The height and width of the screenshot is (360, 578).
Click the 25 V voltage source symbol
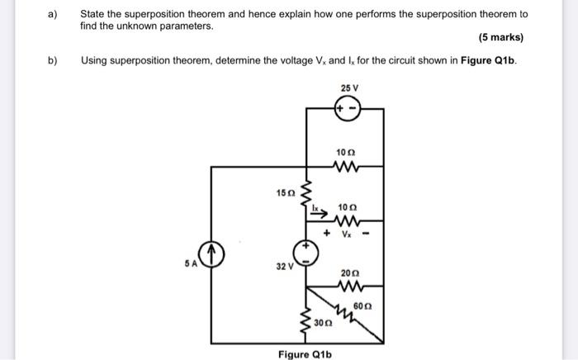click(x=346, y=110)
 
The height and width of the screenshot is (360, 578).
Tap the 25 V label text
click(x=348, y=88)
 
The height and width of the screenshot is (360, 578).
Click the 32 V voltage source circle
click(x=307, y=253)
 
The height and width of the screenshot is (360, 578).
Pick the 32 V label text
click(x=286, y=267)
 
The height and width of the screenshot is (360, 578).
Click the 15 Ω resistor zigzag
click(x=307, y=195)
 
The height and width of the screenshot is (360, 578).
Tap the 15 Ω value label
click(x=285, y=192)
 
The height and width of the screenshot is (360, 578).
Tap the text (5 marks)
click(x=500, y=38)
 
